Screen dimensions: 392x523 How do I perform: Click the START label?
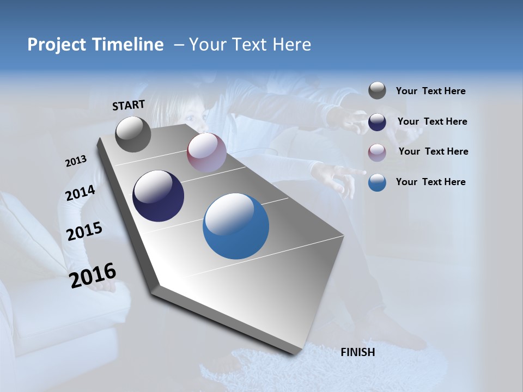click(129, 105)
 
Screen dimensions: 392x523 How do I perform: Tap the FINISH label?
click(358, 352)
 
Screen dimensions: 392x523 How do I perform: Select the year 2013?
click(76, 161)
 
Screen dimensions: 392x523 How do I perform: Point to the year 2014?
click(81, 193)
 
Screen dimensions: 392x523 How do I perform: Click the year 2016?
click(93, 275)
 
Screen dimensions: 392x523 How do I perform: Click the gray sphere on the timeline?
click(133, 134)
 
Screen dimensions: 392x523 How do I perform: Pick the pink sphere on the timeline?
click(206, 152)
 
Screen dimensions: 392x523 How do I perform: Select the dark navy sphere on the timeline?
click(159, 196)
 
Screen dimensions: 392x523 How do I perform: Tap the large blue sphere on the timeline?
click(236, 226)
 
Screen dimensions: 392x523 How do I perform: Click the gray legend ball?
click(377, 90)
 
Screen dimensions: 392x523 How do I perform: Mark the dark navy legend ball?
click(377, 122)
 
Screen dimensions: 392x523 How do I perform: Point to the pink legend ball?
click(377, 152)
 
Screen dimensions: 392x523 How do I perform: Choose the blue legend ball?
click(377, 182)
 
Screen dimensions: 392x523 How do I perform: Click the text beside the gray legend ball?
click(431, 91)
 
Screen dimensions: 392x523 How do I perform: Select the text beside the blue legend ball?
click(431, 182)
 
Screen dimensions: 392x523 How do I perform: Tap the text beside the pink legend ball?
click(434, 151)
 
